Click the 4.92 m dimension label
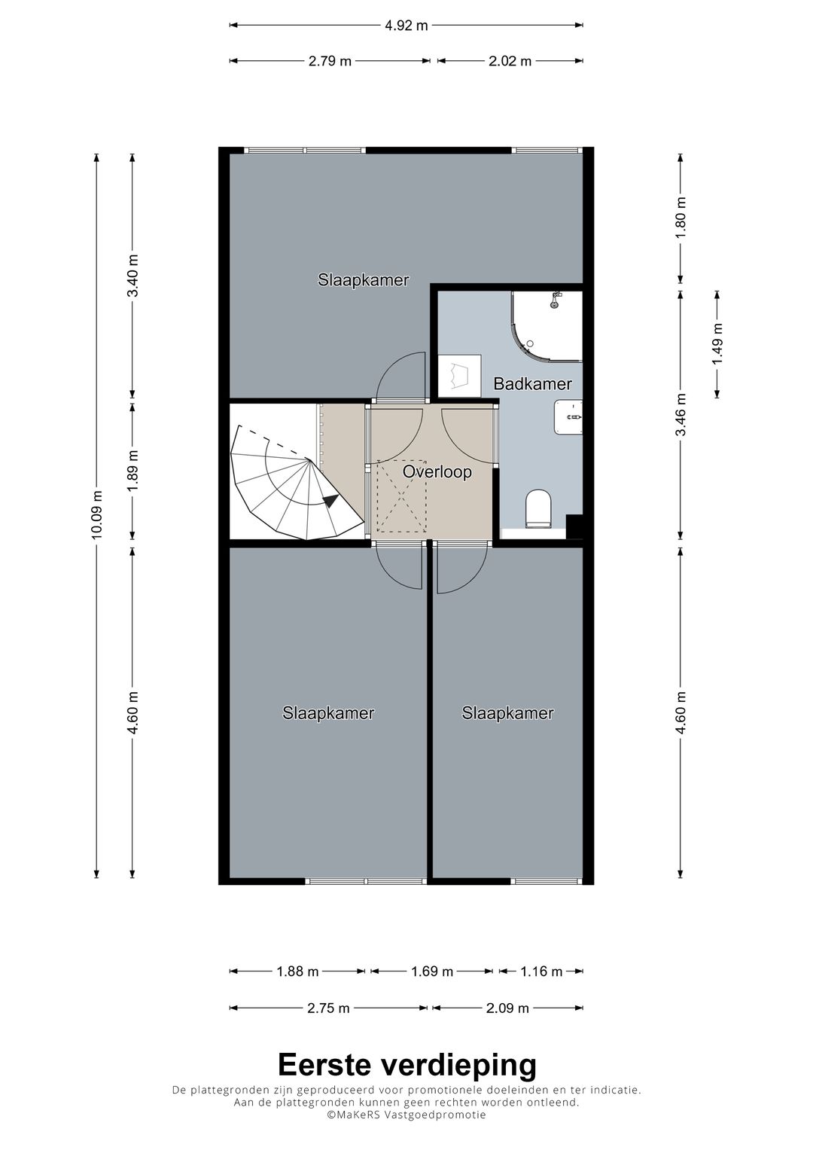click(x=406, y=25)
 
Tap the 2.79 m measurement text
click(x=330, y=61)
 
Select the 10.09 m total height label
click(x=97, y=515)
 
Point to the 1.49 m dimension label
click(x=717, y=343)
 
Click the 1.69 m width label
click(x=431, y=972)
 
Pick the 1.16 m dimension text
click(x=541, y=972)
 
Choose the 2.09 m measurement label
click(x=507, y=1008)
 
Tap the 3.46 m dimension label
click(x=681, y=415)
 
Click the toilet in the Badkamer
click(x=538, y=508)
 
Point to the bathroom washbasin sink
click(x=568, y=417)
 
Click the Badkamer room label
click(x=532, y=383)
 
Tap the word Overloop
click(x=437, y=471)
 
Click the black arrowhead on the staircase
click(x=330, y=501)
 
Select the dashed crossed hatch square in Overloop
click(x=401, y=496)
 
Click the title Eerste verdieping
click(x=407, y=1064)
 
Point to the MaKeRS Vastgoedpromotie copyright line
click(x=406, y=1115)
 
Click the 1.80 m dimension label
click(x=681, y=218)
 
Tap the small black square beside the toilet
click(x=574, y=527)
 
